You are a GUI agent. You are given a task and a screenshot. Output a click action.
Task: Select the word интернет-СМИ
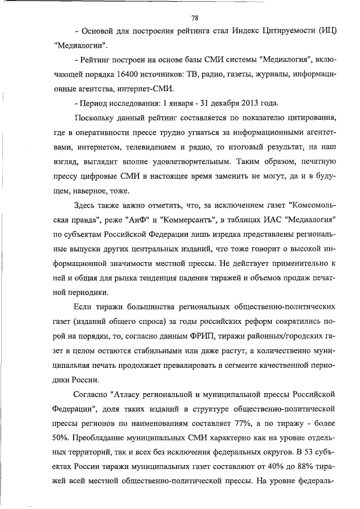click(x=151, y=88)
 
